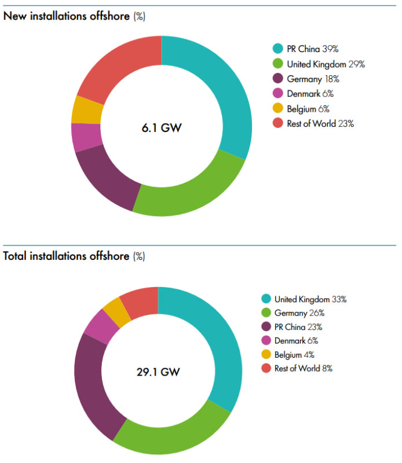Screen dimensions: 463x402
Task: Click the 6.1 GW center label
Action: pyautogui.click(x=162, y=127)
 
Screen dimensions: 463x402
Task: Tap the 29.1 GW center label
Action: pyautogui.click(x=158, y=371)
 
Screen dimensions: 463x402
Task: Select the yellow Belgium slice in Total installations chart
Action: pyautogui.click(x=112, y=312)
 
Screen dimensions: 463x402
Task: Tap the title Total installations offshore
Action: pyautogui.click(x=67, y=256)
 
